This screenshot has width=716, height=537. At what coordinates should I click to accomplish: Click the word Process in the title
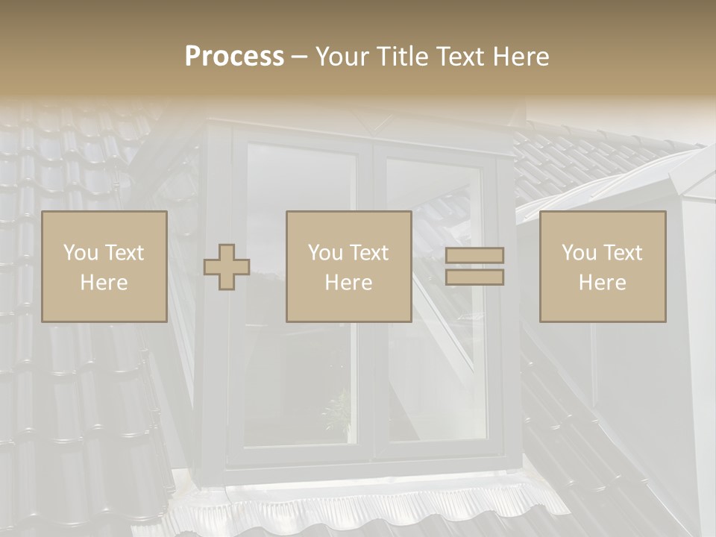[x=234, y=57]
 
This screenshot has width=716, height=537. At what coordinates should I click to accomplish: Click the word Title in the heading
[x=403, y=57]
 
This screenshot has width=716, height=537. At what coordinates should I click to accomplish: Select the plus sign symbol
[x=227, y=267]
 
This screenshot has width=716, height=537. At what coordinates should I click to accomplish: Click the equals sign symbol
[x=474, y=266]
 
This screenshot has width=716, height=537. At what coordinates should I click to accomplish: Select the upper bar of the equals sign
[x=474, y=256]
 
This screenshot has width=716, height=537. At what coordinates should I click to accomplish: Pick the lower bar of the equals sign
[x=474, y=277]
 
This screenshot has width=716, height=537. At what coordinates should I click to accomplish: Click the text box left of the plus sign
[x=104, y=267]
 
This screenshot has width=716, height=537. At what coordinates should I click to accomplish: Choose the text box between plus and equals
[x=348, y=267]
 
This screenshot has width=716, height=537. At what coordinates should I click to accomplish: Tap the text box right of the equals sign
[x=602, y=267]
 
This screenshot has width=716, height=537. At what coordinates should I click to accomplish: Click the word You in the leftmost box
[x=80, y=253]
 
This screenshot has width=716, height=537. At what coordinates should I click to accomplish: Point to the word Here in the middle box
[x=348, y=283]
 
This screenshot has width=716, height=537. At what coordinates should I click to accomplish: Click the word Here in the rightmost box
[x=602, y=283]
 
